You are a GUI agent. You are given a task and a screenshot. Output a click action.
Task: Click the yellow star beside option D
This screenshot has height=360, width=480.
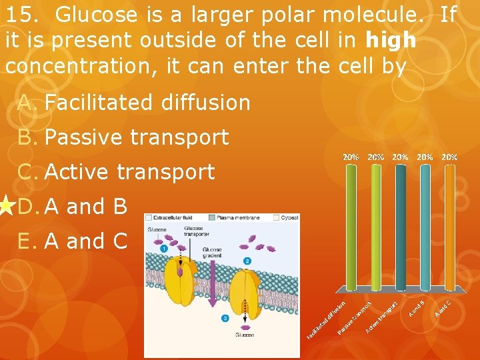coord(6,206)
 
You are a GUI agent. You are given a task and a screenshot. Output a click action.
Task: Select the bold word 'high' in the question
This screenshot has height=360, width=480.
coord(391,41)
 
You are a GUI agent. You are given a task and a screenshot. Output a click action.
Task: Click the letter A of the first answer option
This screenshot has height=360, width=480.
coord(25,103)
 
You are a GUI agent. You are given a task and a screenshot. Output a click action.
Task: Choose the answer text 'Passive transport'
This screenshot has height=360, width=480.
coord(137,137)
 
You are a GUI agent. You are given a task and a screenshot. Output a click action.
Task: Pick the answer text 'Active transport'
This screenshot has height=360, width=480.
coord(129,172)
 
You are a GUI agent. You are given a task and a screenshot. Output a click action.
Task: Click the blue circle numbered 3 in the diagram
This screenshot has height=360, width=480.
coord(225,319)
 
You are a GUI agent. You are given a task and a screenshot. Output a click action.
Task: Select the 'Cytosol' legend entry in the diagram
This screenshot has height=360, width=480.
coord(287,218)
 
